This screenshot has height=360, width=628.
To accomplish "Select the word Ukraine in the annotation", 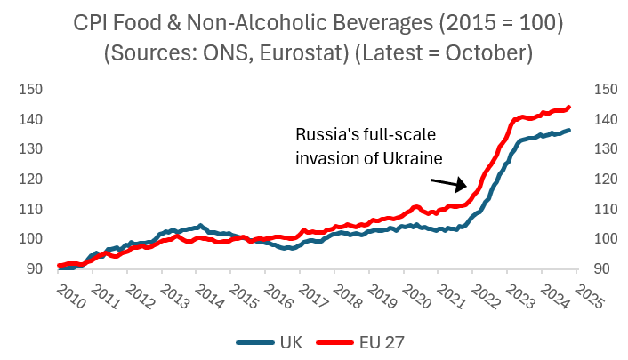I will (418, 157).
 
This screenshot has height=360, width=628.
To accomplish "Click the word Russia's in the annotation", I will (324, 136).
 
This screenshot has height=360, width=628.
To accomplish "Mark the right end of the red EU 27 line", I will (569, 108).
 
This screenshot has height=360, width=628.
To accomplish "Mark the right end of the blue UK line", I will (569, 131).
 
